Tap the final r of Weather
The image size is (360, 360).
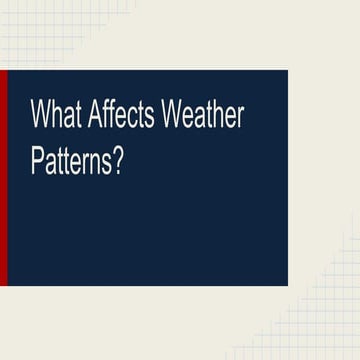coord(240,117)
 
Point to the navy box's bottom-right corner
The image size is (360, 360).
coord(287,284)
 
